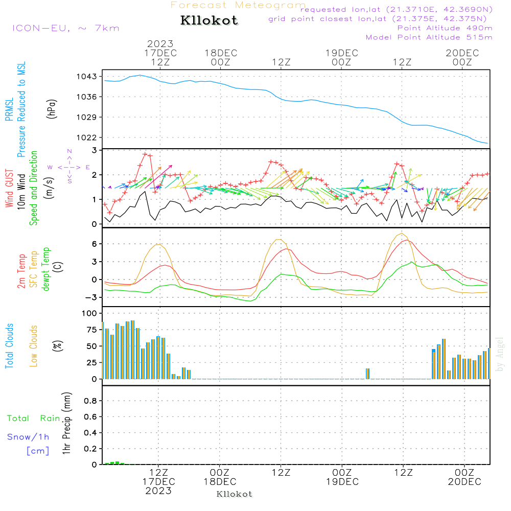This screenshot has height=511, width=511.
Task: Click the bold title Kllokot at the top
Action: point(210,21)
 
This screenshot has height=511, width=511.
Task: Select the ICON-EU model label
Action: point(65,28)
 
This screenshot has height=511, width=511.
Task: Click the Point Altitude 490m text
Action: point(445,28)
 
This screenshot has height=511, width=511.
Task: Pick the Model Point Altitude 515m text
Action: point(429,37)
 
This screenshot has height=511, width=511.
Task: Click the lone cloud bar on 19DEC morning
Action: point(367,374)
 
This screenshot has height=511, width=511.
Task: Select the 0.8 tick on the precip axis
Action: point(90,401)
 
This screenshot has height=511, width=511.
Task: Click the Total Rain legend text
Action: point(33,419)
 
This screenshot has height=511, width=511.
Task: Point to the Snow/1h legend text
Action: point(28,437)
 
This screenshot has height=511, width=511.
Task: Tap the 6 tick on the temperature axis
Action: point(94,244)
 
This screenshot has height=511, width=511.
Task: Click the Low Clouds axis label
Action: point(34,346)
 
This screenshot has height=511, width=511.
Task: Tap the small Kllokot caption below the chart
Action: point(235,494)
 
